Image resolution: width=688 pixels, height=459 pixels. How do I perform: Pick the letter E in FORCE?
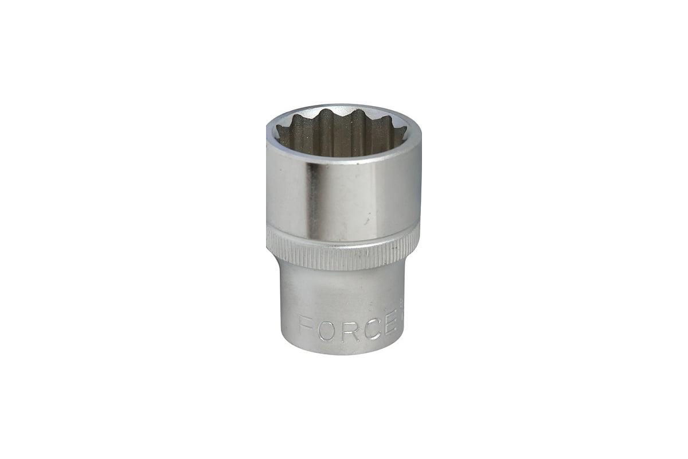pos(387,328)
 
